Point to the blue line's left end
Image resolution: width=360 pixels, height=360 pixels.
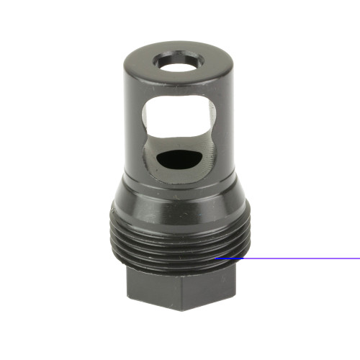[217, 258]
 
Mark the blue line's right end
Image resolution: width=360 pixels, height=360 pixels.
[359, 258]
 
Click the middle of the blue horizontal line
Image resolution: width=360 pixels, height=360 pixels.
[288, 258]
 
